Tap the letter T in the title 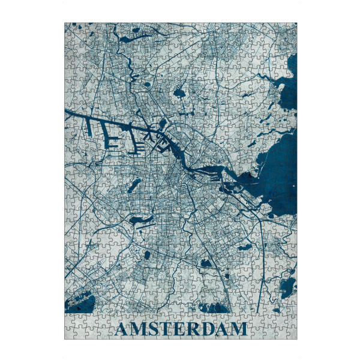click(x=167, y=329)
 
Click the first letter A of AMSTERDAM click(x=122, y=329)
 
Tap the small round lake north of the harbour click(x=179, y=93)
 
